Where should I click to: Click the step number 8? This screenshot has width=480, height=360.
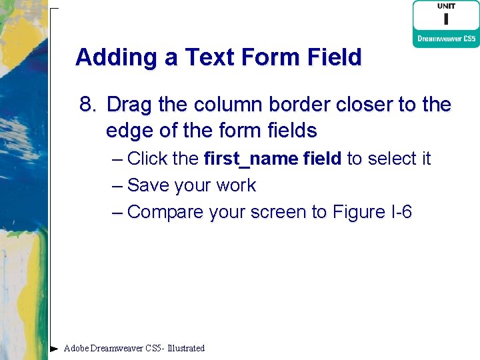87,105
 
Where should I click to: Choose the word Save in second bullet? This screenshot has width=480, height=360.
147,185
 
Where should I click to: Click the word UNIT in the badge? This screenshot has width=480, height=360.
446,6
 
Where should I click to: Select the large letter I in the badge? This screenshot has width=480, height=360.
446,19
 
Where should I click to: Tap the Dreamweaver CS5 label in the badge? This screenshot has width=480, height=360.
446,39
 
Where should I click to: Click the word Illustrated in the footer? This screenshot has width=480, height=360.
186,348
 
